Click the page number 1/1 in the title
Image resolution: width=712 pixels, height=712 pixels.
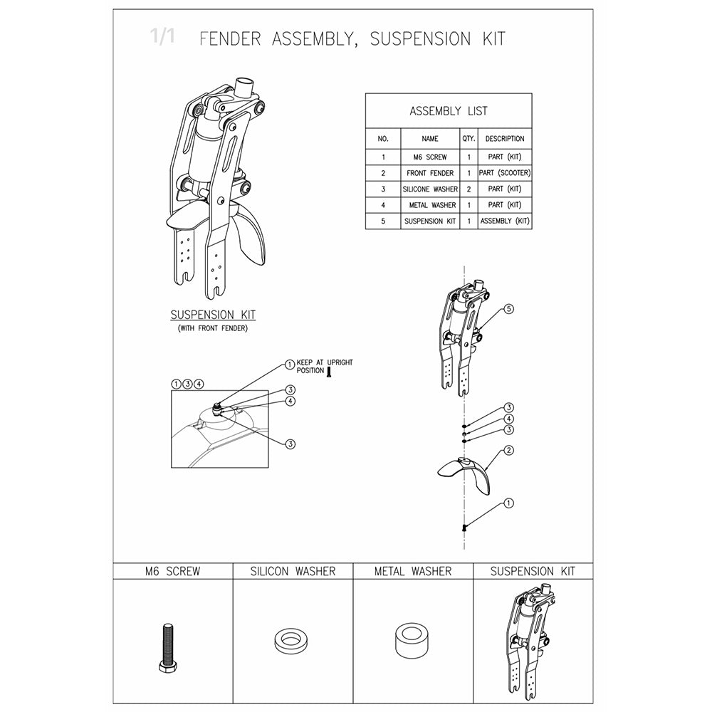click(x=162, y=37)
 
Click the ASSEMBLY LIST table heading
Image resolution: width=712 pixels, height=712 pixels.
click(x=449, y=111)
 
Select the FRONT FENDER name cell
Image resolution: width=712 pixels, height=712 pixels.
click(x=430, y=173)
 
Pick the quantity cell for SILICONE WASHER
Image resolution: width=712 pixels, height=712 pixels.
click(x=468, y=189)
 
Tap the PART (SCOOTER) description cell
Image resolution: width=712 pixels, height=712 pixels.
click(x=505, y=173)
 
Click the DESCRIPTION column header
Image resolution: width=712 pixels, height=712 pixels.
click(x=505, y=139)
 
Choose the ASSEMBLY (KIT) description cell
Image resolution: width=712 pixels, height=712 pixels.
click(x=505, y=221)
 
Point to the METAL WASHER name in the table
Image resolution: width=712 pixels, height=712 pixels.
click(x=430, y=206)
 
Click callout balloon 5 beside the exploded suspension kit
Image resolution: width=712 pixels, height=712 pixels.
click(x=508, y=309)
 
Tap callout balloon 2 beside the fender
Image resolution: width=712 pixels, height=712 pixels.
click(x=509, y=451)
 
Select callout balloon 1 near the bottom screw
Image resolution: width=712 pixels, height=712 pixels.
click(x=508, y=503)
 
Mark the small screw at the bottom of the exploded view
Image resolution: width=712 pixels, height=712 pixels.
click(x=464, y=527)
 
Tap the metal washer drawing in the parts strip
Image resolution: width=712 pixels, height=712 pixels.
click(x=412, y=641)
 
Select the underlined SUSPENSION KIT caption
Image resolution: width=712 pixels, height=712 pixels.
click(x=213, y=315)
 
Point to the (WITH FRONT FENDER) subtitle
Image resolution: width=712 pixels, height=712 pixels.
click(x=213, y=328)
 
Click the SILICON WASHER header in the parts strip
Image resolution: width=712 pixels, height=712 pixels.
click(x=293, y=571)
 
